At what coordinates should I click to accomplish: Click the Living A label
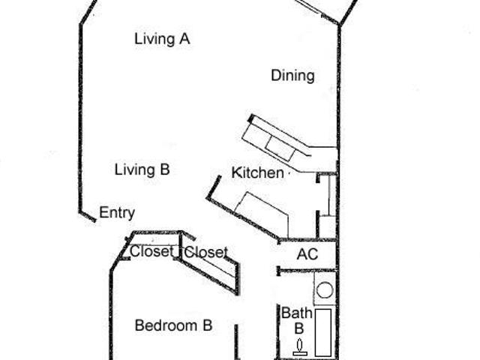pos(162,39)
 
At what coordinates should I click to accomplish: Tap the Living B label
pos(142,170)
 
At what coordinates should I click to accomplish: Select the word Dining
pos(293,76)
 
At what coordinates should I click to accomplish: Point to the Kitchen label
pos(258,172)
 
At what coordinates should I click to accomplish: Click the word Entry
pos(117,213)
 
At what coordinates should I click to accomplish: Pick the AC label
pos(307,254)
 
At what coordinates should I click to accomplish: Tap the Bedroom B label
pos(173,325)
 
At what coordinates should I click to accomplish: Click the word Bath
pos(297,313)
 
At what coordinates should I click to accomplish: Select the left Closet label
pos(151,252)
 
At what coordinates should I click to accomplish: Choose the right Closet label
pos(206,252)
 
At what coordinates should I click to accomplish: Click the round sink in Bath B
pos(325,289)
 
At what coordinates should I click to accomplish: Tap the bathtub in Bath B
pos(323,332)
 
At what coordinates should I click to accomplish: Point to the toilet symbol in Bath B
pos(300,347)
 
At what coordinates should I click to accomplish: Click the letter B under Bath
pos(299,328)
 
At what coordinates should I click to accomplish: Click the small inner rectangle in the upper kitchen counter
pos(280,148)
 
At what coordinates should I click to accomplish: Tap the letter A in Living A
pos(184,39)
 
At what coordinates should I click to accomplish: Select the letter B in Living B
pos(165,169)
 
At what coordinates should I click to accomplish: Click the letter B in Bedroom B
pos(208,325)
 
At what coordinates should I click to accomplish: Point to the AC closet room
pos(307,255)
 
